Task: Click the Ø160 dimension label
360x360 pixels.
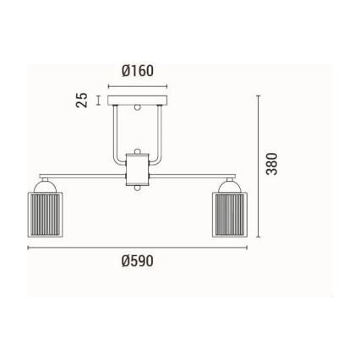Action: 138,71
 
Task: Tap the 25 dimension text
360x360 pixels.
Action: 82,100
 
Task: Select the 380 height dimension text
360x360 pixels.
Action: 271,164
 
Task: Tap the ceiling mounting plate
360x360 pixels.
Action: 138,100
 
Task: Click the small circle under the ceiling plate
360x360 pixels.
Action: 138,108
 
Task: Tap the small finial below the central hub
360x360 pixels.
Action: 137,188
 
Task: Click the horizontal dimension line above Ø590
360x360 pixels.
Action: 137,248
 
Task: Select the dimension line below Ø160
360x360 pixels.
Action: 138,85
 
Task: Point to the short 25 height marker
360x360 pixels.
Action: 99,100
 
